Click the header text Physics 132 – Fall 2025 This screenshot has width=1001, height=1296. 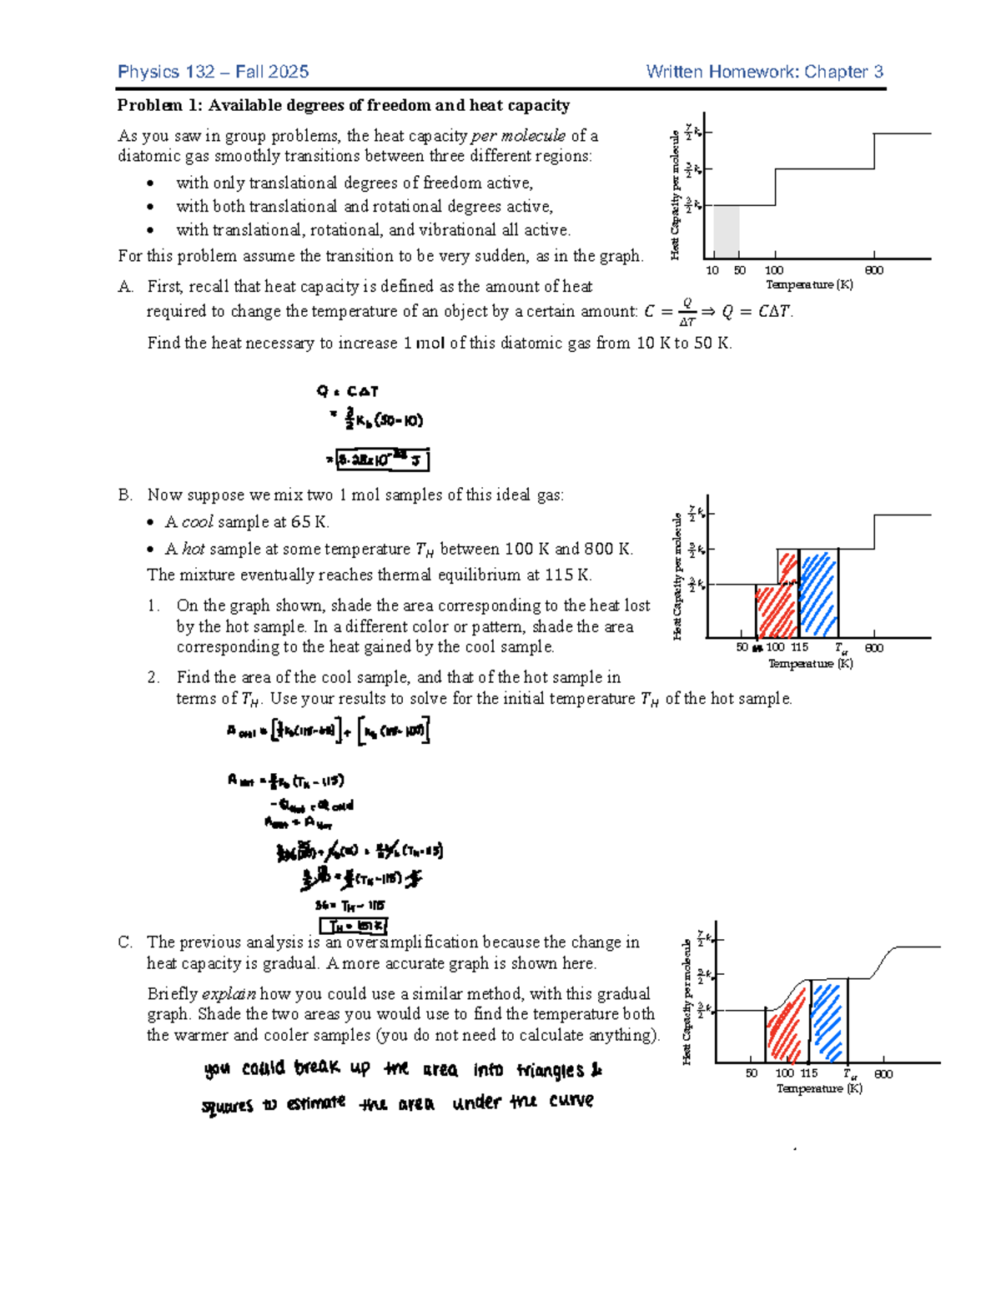tap(213, 72)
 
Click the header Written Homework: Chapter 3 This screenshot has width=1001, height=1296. tap(764, 72)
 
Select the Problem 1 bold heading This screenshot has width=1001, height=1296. tap(343, 105)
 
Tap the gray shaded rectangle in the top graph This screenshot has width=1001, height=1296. tap(726, 232)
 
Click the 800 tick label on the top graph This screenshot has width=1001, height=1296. tap(873, 270)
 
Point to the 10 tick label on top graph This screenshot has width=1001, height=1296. tap(712, 270)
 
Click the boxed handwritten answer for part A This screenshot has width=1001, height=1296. tap(382, 460)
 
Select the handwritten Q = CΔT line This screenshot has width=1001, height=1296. tap(348, 391)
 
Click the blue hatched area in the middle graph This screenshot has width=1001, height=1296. tap(817, 595)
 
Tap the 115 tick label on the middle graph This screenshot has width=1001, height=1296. tap(799, 647)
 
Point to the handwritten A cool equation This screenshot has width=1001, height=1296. tap(328, 731)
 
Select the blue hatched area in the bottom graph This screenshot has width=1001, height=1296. tap(827, 1021)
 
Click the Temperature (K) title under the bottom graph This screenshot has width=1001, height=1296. tap(818, 1088)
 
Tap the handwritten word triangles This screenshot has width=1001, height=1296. tap(550, 1070)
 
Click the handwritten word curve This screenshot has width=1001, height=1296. tap(571, 1101)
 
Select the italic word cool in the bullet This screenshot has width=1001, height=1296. tap(197, 522)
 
